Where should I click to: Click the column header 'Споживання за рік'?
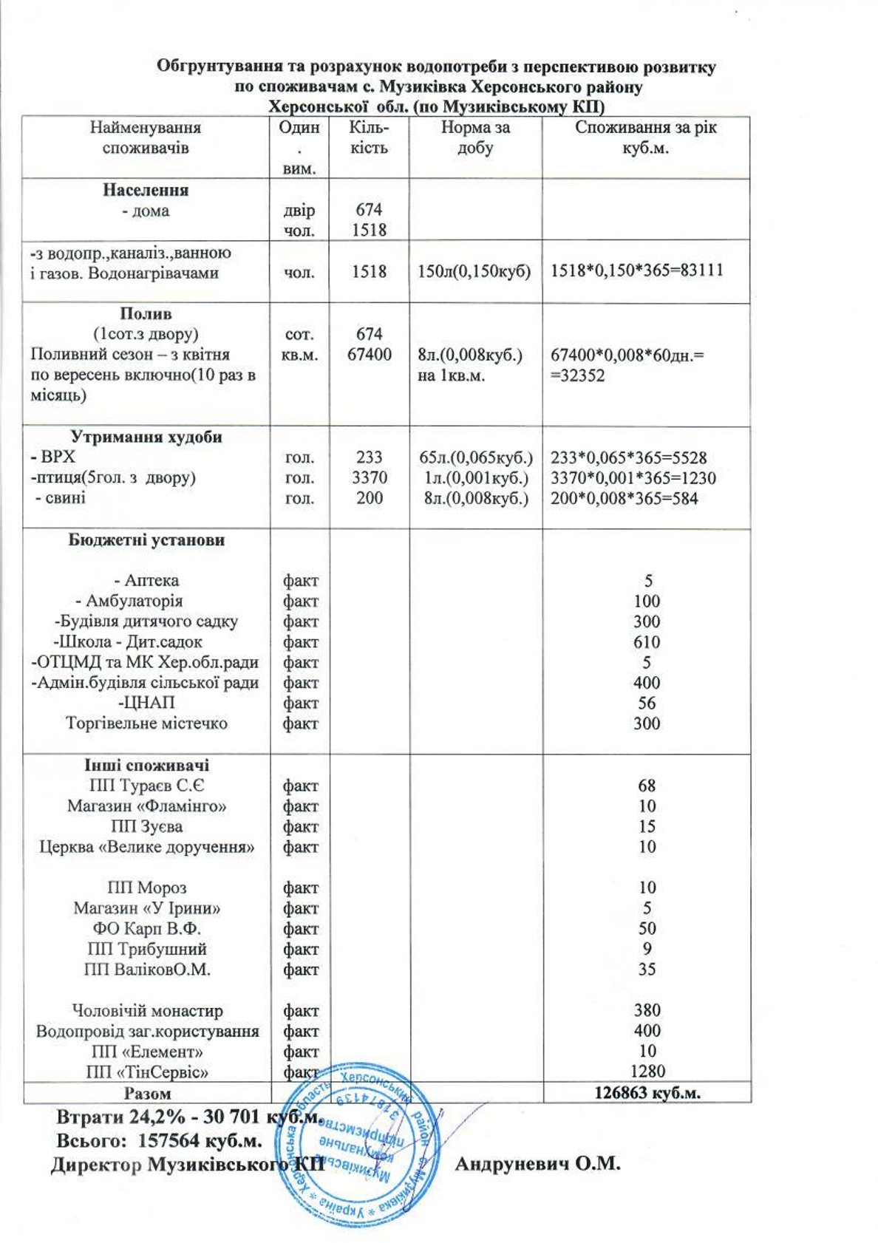[x=645, y=128]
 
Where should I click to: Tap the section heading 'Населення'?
[x=146, y=190]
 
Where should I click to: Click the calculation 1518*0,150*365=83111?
[x=636, y=271]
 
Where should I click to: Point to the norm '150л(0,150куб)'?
[x=474, y=271]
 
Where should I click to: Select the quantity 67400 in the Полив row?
[x=370, y=355]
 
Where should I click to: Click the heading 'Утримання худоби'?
[x=146, y=437]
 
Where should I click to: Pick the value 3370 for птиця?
[x=370, y=477]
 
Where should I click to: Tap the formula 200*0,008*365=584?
[x=624, y=498]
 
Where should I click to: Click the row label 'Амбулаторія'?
[x=134, y=601]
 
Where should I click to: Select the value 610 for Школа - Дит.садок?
[x=647, y=642]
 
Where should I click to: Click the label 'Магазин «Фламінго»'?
[x=146, y=806]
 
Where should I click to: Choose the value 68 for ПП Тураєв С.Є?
[x=647, y=786]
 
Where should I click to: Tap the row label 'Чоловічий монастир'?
[x=146, y=1010]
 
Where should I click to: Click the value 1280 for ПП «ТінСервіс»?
[x=647, y=1071]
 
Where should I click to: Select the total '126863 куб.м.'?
[x=647, y=1093]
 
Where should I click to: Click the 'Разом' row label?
[x=147, y=1093]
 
